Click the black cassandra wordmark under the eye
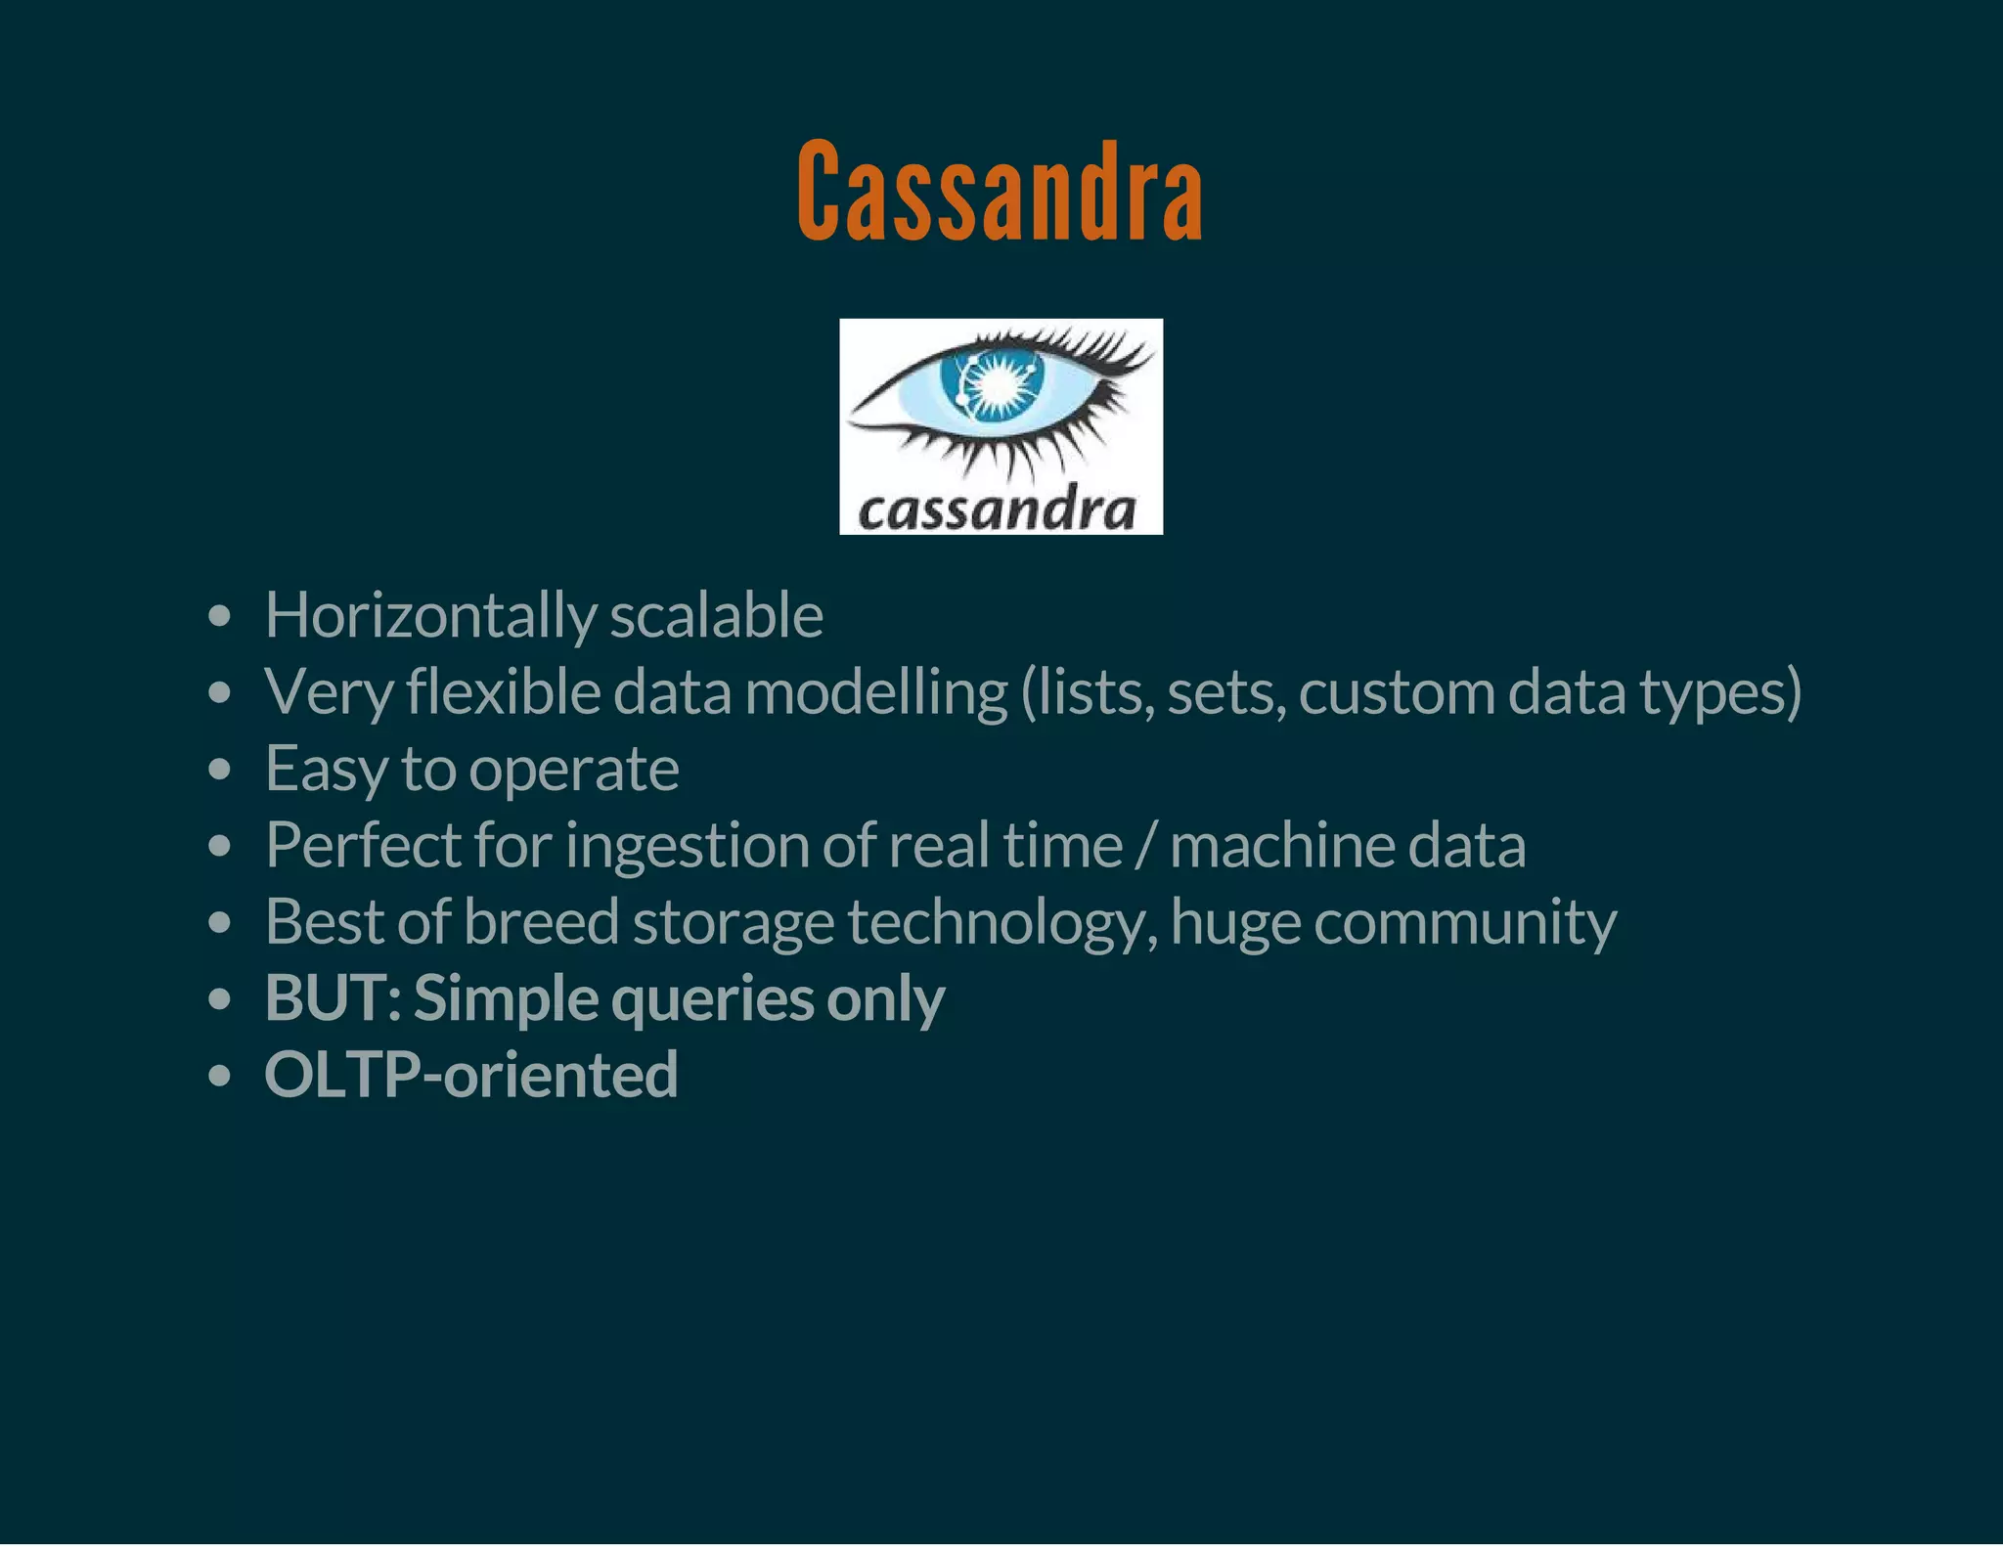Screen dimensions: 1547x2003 (998, 509)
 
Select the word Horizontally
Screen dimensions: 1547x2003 (430, 616)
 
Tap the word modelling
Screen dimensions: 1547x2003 (875, 692)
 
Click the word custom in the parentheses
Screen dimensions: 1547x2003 (1398, 692)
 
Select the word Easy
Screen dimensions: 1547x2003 (327, 770)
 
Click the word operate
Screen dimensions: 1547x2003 (574, 770)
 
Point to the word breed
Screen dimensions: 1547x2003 (541, 921)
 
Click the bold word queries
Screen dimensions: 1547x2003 (712, 999)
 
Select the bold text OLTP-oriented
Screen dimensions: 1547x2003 (470, 1074)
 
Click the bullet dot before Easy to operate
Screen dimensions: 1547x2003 (220, 770)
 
